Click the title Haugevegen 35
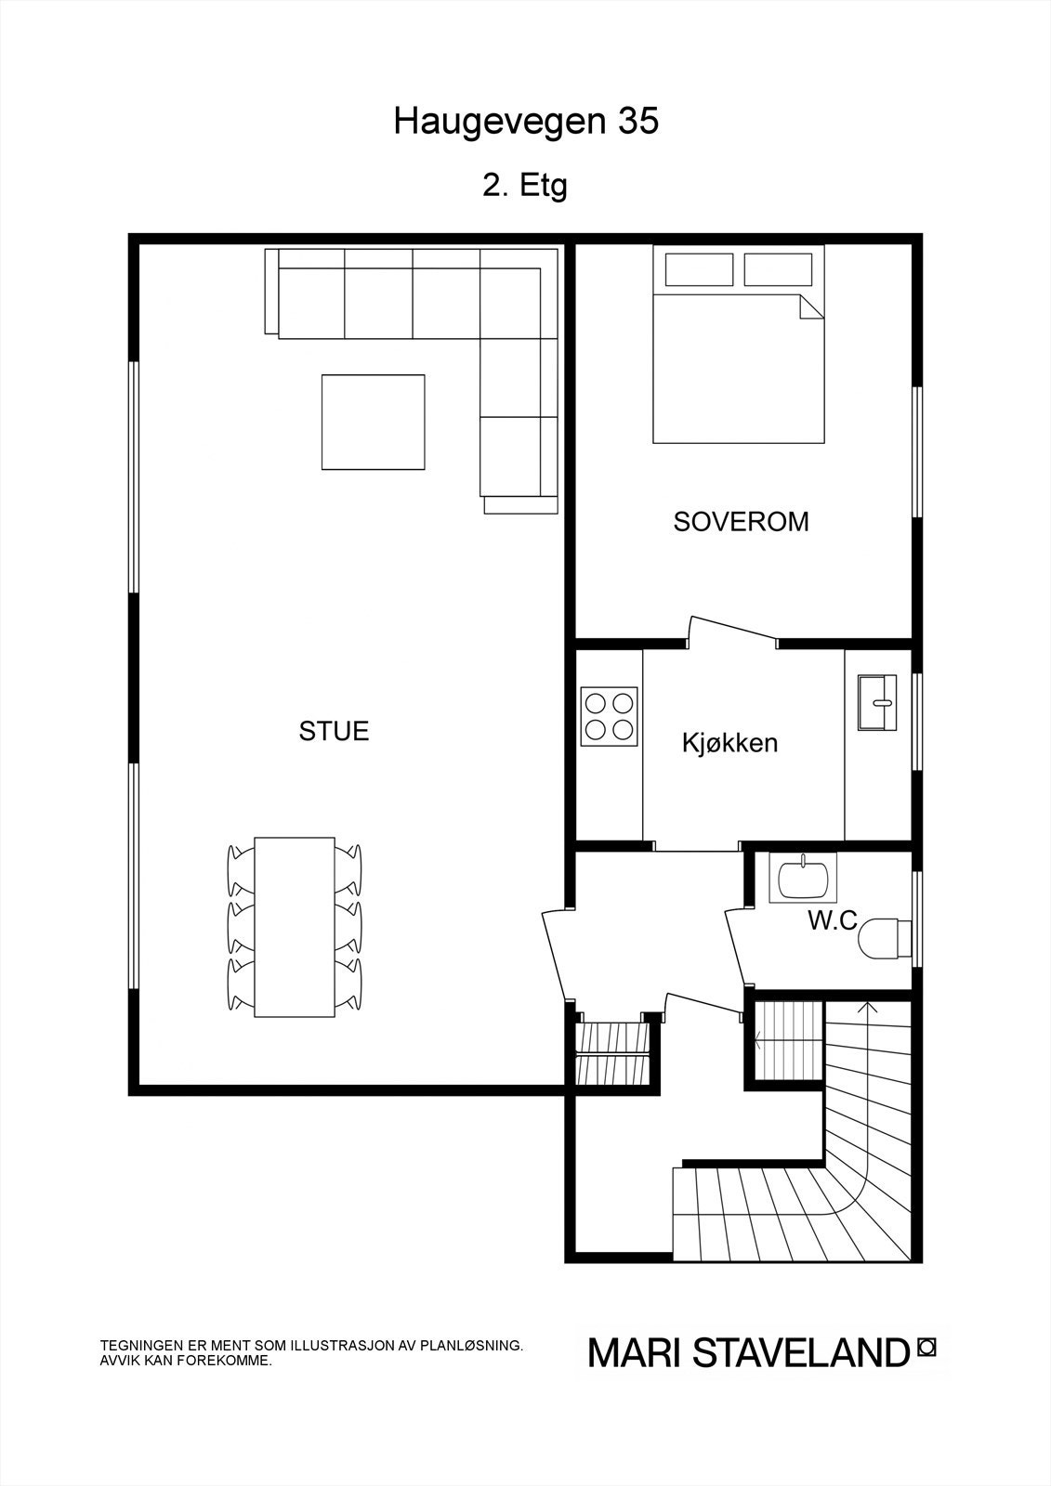525,122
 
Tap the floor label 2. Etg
525,186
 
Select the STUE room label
334,732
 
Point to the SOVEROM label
741,522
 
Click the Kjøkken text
729,743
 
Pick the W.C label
832,921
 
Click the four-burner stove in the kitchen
610,715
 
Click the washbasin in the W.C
803,879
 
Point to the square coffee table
373,422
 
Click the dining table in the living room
294,926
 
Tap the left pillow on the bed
698,270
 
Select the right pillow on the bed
779,270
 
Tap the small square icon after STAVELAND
926,1346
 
